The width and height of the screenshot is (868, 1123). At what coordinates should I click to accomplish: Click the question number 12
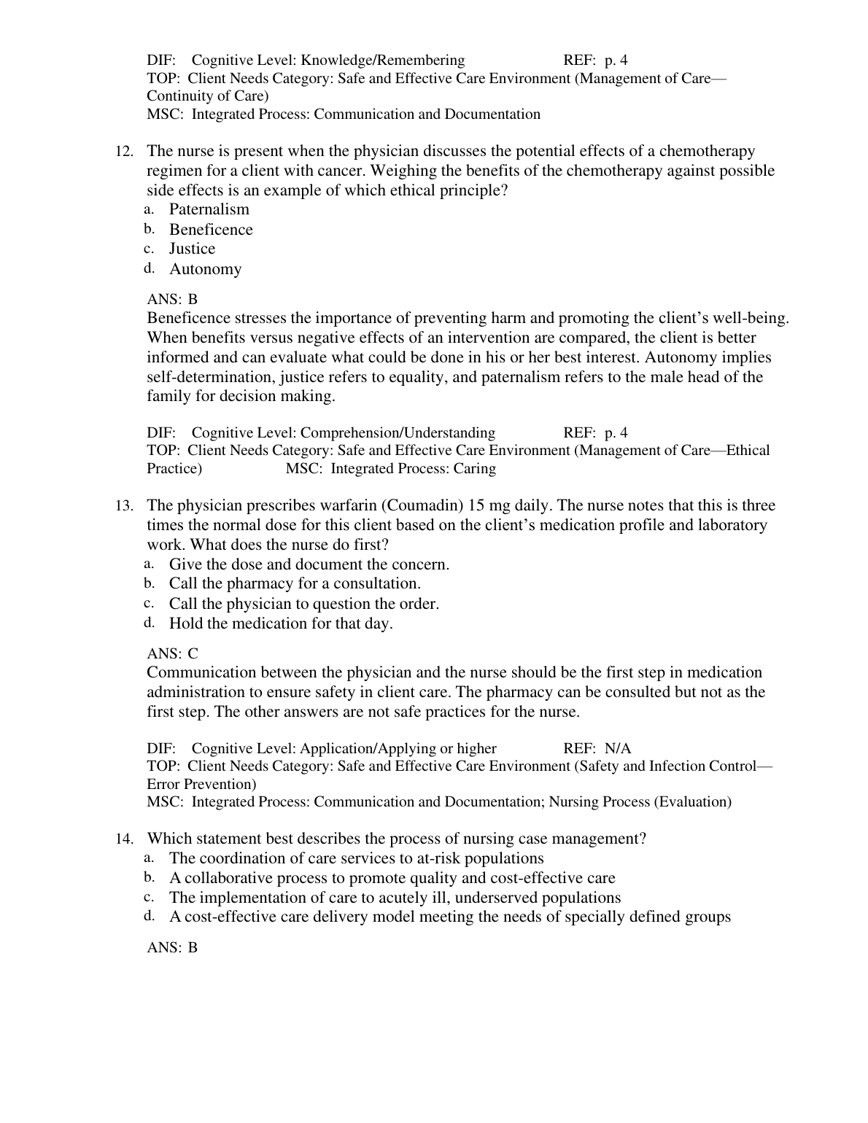(124, 152)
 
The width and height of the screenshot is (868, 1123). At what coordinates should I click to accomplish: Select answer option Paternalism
(209, 209)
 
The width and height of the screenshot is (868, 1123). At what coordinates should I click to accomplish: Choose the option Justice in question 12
(192, 249)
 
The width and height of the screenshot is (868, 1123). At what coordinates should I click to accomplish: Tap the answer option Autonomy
(205, 269)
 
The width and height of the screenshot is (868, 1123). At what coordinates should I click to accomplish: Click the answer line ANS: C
(172, 653)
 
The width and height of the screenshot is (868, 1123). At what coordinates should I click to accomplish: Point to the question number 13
(124, 506)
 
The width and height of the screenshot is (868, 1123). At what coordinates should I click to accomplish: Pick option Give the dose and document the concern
(309, 564)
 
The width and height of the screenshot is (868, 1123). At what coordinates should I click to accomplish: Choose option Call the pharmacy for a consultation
(295, 583)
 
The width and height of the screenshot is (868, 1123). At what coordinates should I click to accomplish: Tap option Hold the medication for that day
(281, 623)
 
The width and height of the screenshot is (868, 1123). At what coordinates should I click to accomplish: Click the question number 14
(124, 839)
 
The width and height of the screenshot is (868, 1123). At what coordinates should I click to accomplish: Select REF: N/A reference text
(597, 748)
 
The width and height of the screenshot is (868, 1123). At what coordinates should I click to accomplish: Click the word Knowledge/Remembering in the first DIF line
(382, 60)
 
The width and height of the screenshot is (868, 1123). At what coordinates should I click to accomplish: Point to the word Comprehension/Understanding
(398, 432)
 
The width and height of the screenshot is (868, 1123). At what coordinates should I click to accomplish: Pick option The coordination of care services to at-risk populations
(356, 858)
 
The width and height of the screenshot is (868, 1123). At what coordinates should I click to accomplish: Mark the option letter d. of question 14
(149, 915)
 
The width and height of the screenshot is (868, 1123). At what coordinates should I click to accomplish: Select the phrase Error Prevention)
(201, 784)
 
